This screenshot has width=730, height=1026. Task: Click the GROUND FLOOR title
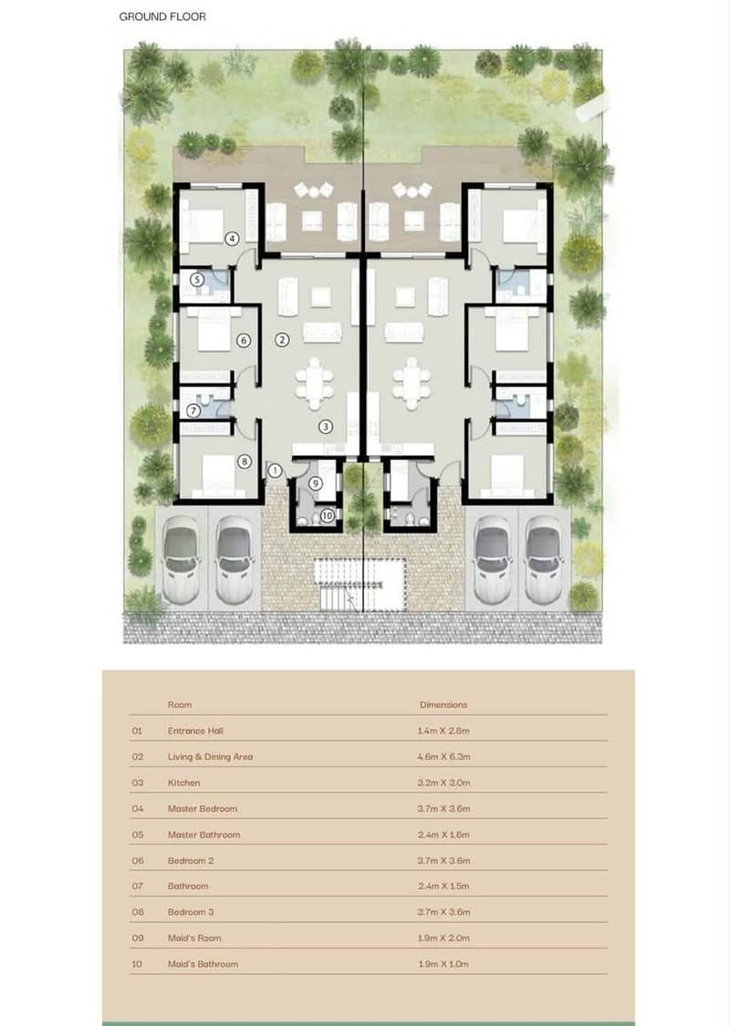[162, 17]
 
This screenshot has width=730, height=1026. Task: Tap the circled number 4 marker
[232, 239]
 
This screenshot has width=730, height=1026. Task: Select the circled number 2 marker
[282, 339]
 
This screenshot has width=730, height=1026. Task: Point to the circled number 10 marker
[328, 515]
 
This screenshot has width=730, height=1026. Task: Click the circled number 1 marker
[275, 471]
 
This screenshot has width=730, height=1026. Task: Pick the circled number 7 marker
[193, 411]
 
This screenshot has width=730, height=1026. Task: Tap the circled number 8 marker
[245, 461]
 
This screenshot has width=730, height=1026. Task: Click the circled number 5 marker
[197, 280]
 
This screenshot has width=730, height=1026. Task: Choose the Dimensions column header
[443, 705]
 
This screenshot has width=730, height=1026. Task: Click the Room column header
[180, 705]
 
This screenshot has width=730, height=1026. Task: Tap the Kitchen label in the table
[184, 782]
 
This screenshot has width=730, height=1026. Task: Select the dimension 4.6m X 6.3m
[443, 756]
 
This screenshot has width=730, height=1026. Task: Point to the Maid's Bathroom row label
[203, 964]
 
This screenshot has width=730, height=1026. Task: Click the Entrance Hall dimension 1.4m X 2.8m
[443, 731]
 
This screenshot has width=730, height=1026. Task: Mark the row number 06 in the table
[138, 860]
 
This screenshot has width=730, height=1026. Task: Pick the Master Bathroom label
[203, 834]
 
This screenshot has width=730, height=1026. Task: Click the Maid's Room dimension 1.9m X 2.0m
[443, 938]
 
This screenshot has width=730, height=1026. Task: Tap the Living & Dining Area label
[210, 756]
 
